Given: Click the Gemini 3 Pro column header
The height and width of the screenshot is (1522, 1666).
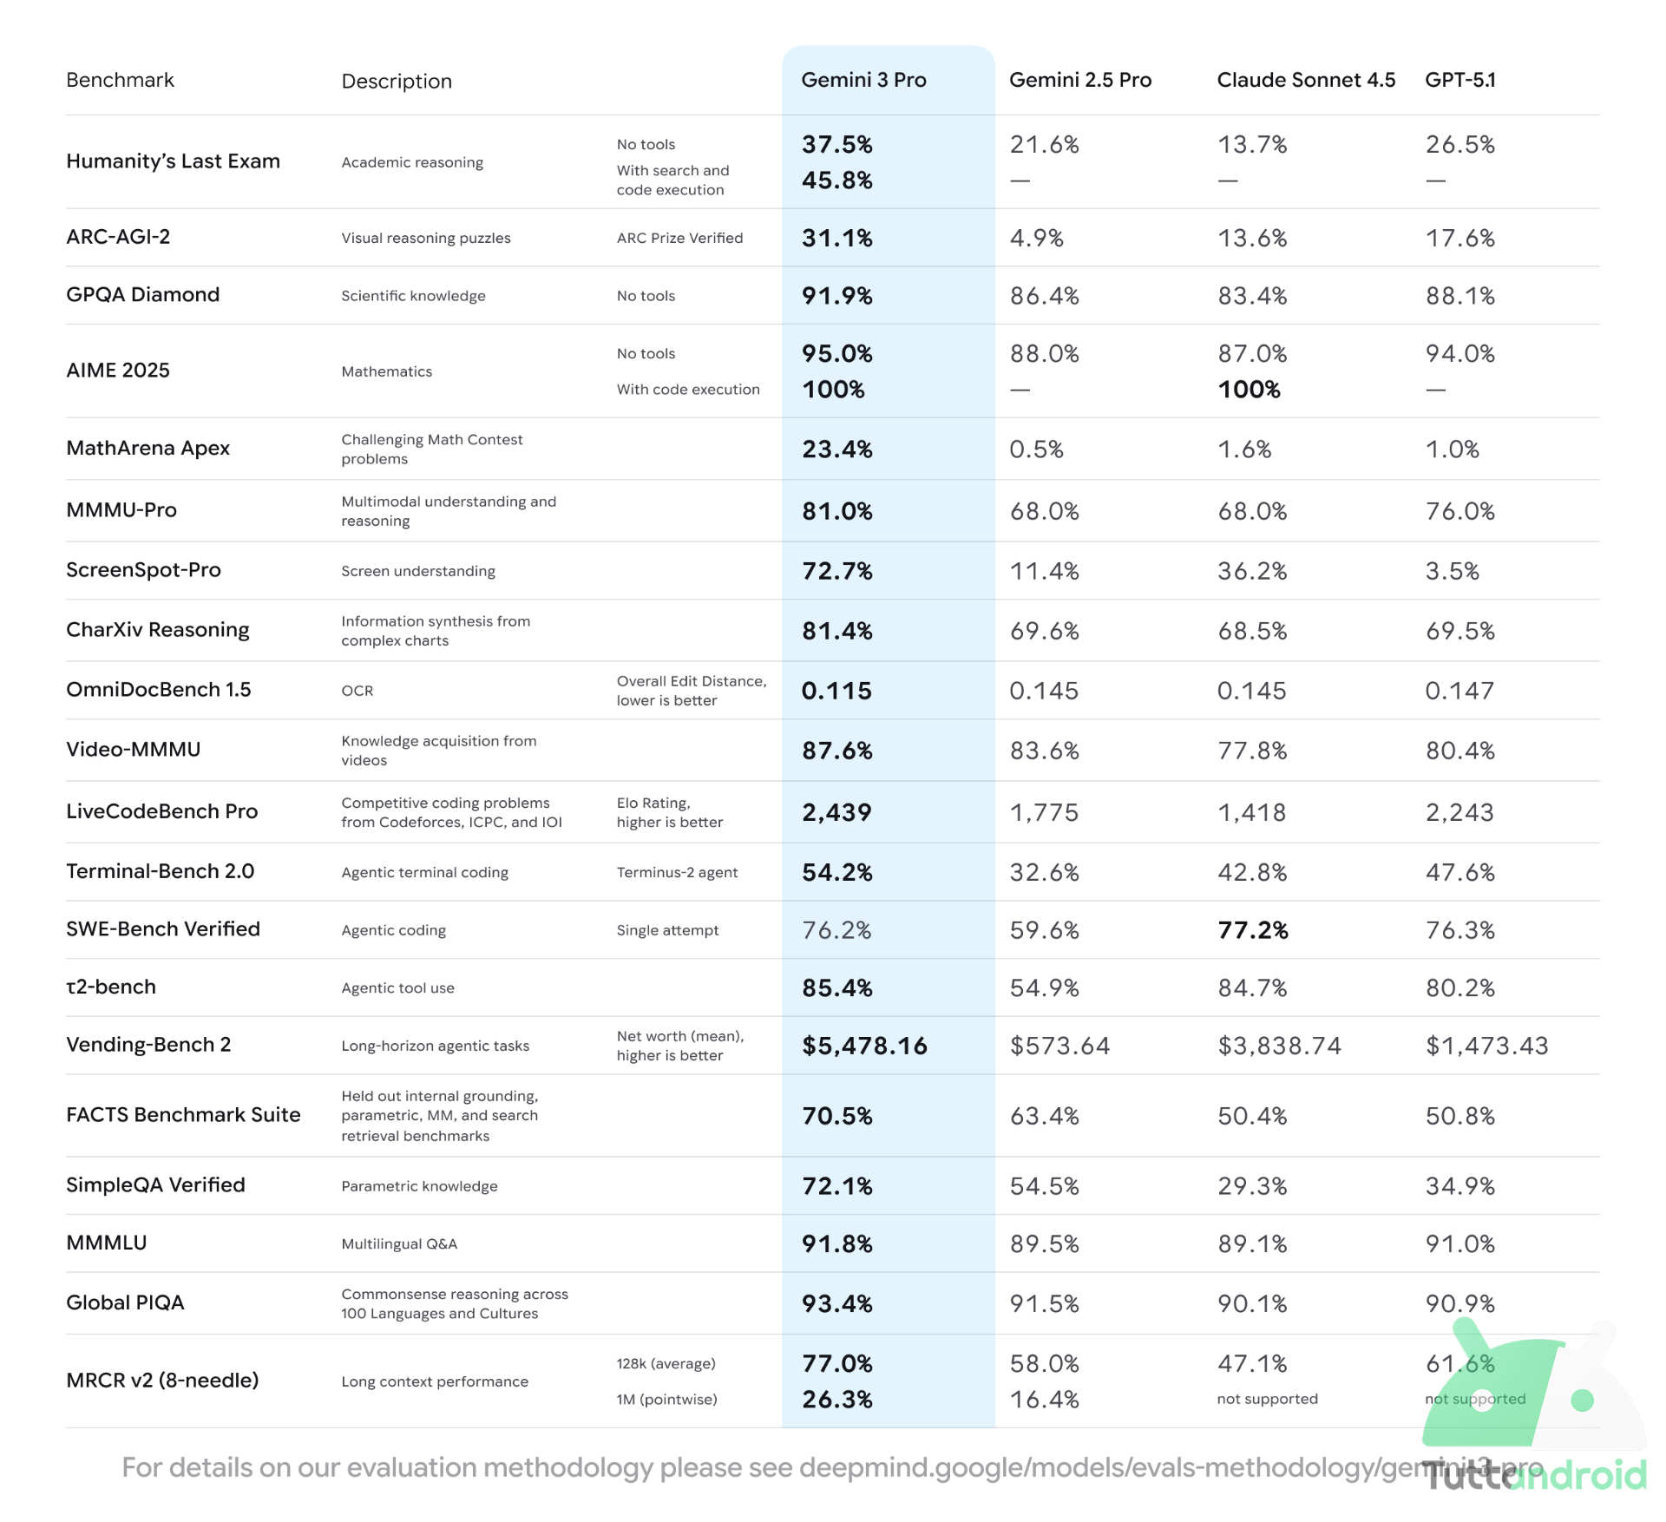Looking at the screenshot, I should tap(863, 80).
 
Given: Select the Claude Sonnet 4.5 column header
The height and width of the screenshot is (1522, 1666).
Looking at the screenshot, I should tap(1305, 80).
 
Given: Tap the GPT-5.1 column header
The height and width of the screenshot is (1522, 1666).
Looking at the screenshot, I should tap(1459, 80).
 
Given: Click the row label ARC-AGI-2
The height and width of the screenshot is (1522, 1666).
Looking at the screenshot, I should tap(118, 237).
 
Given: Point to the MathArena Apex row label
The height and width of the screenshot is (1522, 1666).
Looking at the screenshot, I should tap(148, 448).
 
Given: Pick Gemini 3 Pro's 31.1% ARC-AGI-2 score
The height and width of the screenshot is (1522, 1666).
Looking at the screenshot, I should tap(836, 238).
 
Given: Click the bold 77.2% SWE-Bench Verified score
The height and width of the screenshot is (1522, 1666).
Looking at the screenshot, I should tap(1252, 930).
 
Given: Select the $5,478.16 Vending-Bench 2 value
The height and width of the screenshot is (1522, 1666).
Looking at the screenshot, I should tap(864, 1046).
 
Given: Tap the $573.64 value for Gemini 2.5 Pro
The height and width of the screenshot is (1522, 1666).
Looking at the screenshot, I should tap(1059, 1046).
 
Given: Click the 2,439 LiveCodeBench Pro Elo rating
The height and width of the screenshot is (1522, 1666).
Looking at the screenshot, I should tap(836, 812).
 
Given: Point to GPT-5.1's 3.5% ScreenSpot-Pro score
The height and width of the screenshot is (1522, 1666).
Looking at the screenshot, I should tap(1452, 571).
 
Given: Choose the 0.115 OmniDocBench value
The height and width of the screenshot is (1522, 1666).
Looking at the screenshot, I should tap(836, 691).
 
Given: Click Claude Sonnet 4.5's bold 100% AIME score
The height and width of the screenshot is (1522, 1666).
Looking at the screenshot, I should tap(1249, 390).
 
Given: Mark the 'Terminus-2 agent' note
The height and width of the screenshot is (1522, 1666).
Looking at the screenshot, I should tap(677, 872).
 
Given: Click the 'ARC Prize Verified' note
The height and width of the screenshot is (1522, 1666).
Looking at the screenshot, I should tap(679, 238).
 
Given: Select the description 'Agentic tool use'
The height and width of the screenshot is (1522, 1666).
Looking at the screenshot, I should tap(397, 987).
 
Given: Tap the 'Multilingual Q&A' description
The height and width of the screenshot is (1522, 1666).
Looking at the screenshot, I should tap(399, 1243).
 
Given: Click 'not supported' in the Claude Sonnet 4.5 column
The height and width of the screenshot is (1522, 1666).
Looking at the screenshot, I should tap(1267, 1399).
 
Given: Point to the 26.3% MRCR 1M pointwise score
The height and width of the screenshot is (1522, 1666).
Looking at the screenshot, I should tap(836, 1399).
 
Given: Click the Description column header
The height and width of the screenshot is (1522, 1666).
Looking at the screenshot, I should tap(397, 81).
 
